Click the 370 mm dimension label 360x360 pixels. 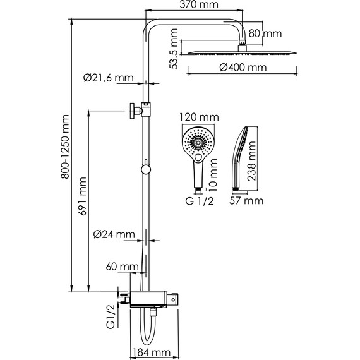pyautogui.click(x=194, y=6)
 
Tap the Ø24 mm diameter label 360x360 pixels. pyautogui.click(x=114, y=234)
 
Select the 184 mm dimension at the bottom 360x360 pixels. pyautogui.click(x=153, y=352)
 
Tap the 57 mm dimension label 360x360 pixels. pyautogui.click(x=244, y=201)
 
